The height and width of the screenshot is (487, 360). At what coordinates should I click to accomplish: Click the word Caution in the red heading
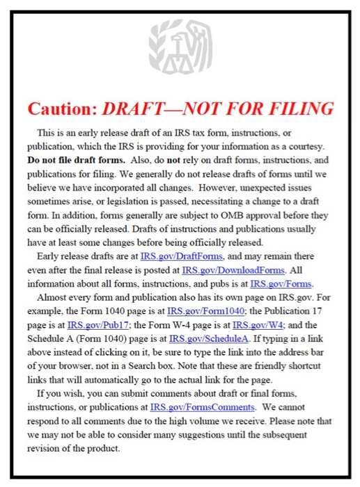point(61,109)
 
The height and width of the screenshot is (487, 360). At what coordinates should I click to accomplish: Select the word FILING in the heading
point(295,109)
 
